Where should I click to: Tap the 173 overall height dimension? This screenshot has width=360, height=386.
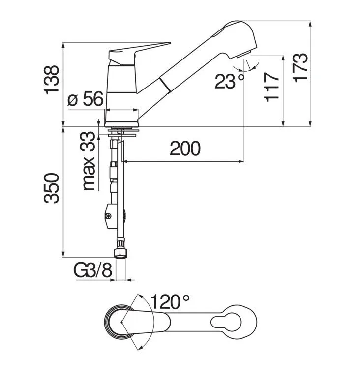[x=300, y=67]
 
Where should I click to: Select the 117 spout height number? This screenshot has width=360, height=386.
[x=271, y=87]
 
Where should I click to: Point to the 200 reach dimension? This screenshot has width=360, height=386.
[x=185, y=148]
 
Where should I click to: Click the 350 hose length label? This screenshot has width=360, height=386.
[x=52, y=188]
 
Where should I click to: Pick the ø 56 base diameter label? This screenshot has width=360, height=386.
[x=86, y=98]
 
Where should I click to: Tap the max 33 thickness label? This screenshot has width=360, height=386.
[x=89, y=161]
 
